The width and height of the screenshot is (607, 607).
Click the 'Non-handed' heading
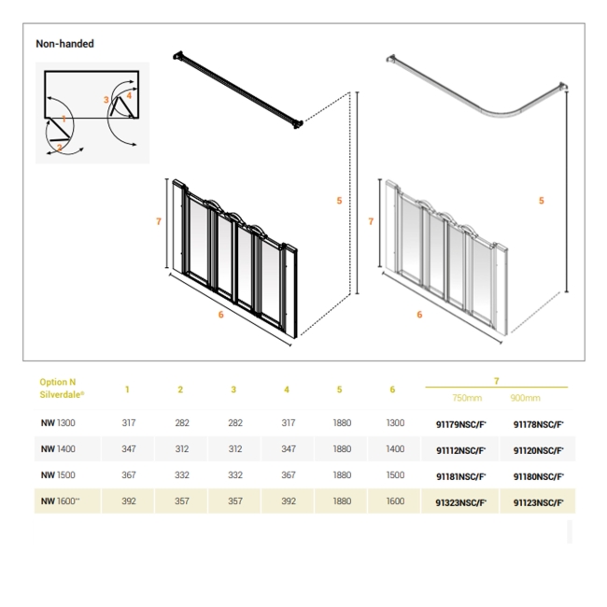[64, 44]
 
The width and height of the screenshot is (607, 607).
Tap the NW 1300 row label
[59, 423]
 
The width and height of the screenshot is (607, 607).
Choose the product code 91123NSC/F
[538, 502]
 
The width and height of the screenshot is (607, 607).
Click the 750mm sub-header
[460, 398]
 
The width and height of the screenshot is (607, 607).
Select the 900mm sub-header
[525, 398]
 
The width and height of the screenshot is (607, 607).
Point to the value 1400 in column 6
[395, 449]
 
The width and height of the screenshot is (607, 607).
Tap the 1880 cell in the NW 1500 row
[342, 475]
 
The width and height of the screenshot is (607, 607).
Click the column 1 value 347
[128, 449]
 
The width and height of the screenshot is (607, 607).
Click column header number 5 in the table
[340, 389]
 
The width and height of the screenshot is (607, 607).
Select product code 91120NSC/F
[538, 450]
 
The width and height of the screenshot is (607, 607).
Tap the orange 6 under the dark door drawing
[220, 315]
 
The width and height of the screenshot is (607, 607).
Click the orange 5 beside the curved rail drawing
[541, 201]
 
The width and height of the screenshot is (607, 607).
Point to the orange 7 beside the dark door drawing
[160, 221]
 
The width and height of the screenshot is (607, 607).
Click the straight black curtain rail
[239, 90]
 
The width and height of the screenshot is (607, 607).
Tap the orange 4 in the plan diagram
[129, 95]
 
